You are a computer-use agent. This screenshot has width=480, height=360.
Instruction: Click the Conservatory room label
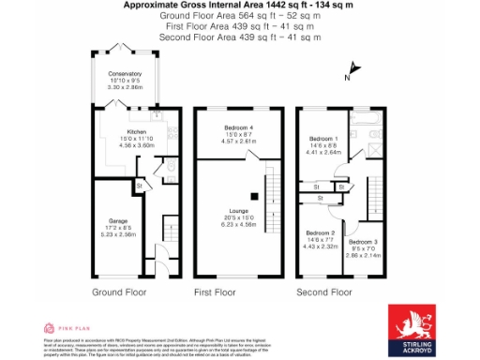(125, 73)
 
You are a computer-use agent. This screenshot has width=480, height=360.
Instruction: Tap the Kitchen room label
(137, 132)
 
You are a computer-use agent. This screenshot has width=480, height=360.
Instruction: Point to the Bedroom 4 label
(239, 127)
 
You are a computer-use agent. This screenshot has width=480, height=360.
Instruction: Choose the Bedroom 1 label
(322, 140)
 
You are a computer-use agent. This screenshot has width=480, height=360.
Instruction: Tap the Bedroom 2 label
(320, 232)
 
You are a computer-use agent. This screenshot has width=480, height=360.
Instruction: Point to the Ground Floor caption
(119, 292)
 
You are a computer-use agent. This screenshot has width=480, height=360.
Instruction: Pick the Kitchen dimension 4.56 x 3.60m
(137, 145)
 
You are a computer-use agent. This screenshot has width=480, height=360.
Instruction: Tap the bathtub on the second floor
(361, 122)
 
